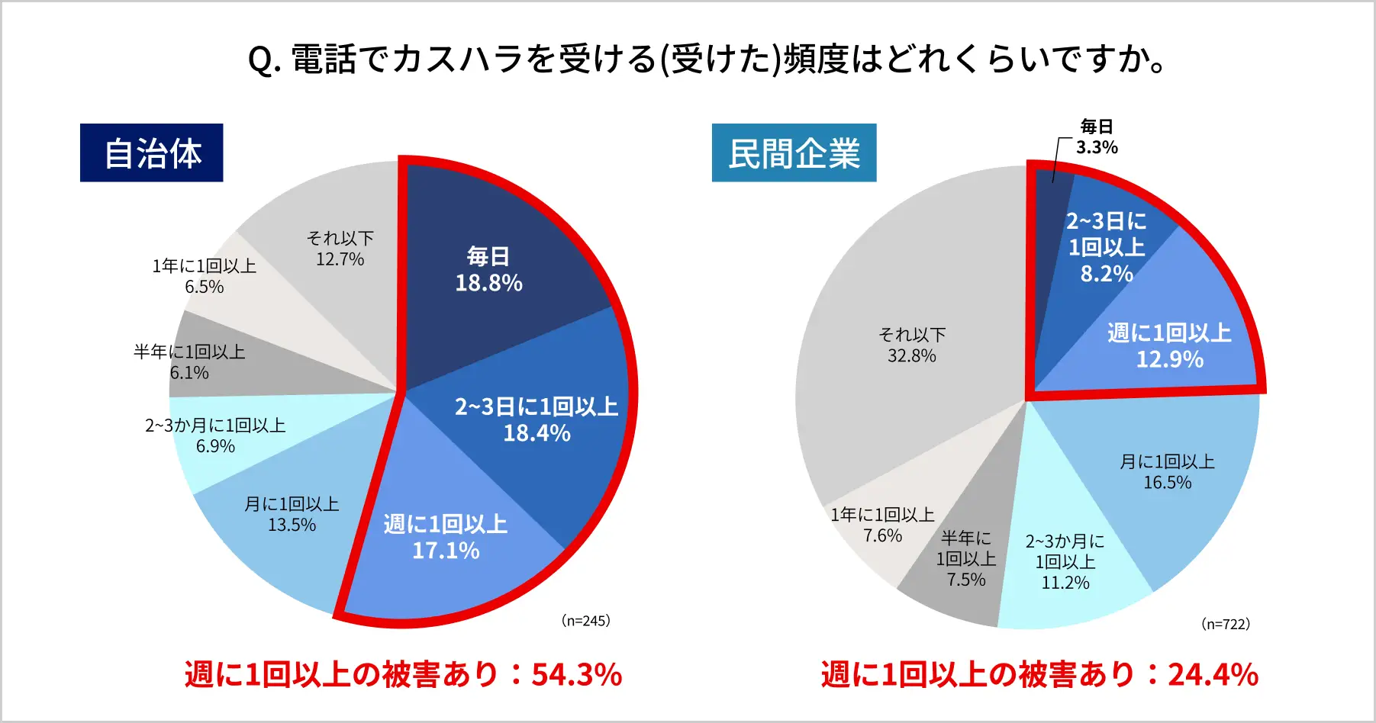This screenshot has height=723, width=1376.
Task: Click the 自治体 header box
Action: coord(151,153)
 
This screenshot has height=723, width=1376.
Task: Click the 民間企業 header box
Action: coord(794,153)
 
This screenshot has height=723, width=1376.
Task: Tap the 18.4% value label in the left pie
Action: coord(537,433)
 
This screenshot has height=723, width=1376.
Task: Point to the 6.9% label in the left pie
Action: coord(215,446)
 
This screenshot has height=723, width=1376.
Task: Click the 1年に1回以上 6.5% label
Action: coord(204,276)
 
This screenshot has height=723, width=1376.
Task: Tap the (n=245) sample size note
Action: coord(585,621)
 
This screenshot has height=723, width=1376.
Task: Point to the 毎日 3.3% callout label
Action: coord(1097,137)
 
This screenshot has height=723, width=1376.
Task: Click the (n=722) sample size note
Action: coord(1226,624)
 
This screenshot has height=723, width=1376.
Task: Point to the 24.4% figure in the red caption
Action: coord(1213,675)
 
